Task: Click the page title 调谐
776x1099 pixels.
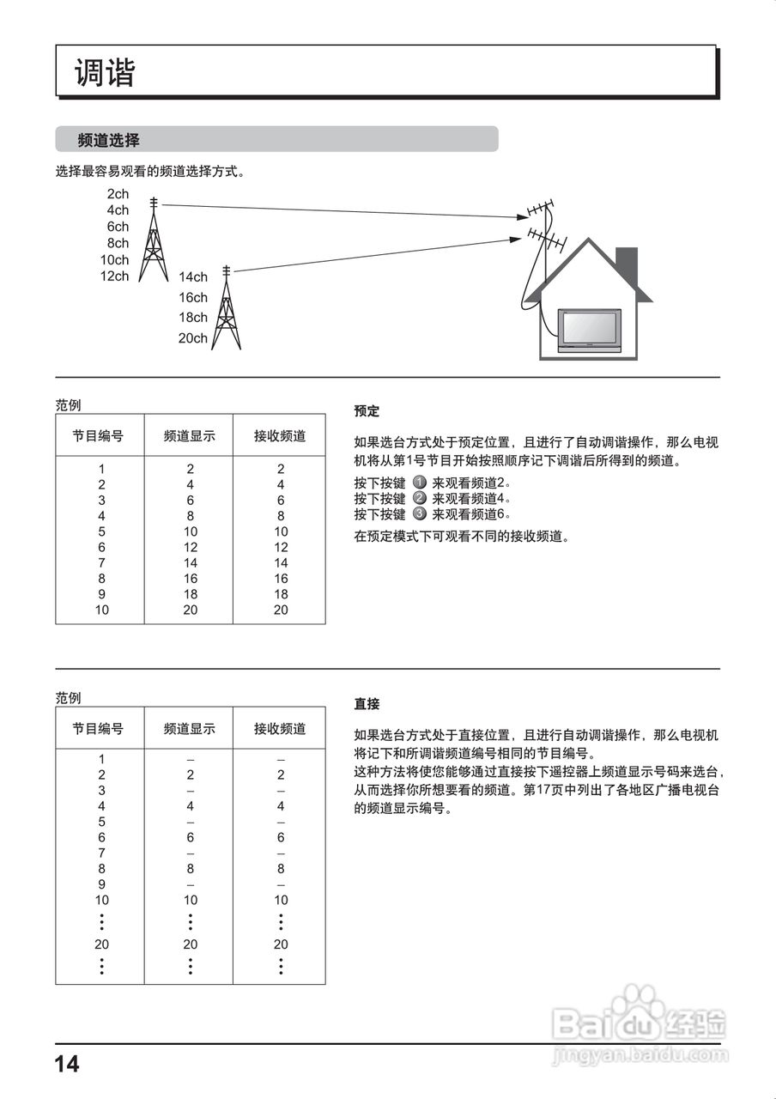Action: coord(105,73)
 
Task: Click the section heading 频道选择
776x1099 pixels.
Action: coord(108,140)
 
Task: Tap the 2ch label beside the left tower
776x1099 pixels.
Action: coord(118,194)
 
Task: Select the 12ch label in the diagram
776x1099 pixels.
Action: coord(114,276)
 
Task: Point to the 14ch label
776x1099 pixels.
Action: coord(193,276)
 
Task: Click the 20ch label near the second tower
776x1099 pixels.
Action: coord(192,338)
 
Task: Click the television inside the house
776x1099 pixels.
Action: coord(591,330)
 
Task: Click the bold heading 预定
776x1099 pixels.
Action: coord(367,411)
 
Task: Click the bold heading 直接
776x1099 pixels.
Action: coord(367,704)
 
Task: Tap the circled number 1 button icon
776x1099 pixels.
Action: coord(420,483)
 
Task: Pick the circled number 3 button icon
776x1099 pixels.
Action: coord(420,513)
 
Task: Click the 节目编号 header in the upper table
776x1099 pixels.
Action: coord(98,436)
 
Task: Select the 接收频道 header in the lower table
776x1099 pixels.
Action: coord(280,729)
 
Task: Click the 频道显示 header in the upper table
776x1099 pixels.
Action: coord(190,436)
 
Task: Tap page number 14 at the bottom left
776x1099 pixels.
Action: coord(67,1065)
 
